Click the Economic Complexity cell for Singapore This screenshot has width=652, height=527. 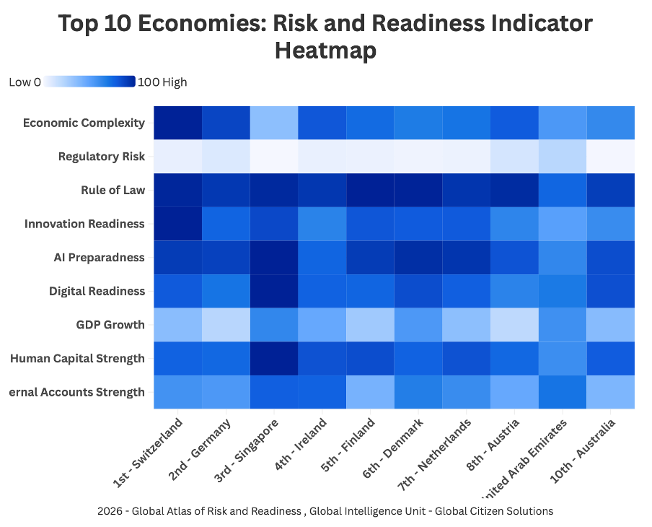pos(274,123)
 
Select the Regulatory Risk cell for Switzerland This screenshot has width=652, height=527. pos(177,156)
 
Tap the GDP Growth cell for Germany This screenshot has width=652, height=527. pos(226,325)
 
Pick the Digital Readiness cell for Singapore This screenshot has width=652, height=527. pos(274,291)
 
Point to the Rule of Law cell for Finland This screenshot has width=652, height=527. pos(370,190)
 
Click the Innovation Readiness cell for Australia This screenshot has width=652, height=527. pos(611,224)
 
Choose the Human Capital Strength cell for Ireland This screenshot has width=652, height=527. pos(322,359)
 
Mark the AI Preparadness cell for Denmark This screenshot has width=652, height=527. pos(418,258)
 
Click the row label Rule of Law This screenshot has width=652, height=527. pos(113,191)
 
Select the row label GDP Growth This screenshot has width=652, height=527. pos(110,325)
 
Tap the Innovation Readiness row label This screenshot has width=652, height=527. pos(84,224)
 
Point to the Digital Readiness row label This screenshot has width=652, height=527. pos(97,292)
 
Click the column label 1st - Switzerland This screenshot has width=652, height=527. pos(149,452)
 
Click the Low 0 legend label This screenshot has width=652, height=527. pos(25,82)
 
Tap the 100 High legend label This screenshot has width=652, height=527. pos(162,82)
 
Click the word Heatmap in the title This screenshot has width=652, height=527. pos(325,51)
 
